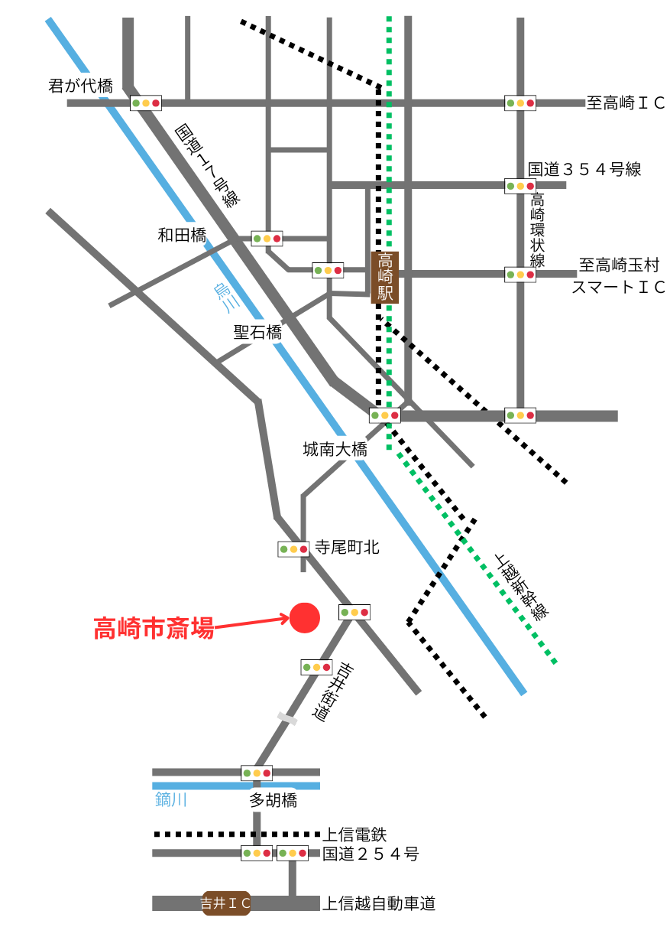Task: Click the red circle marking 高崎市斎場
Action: click(x=305, y=618)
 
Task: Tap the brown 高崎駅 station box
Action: click(x=385, y=277)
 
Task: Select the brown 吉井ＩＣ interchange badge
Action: click(x=226, y=903)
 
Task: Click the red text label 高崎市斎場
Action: click(x=153, y=629)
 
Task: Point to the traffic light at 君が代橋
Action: click(x=146, y=102)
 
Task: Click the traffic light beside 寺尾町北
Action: click(x=293, y=549)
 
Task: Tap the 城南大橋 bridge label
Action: click(x=335, y=450)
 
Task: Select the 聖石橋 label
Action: click(x=257, y=333)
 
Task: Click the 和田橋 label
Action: click(x=182, y=236)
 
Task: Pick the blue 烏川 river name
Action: click(x=226, y=295)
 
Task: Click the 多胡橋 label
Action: click(x=273, y=801)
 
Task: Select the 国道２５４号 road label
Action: click(x=371, y=854)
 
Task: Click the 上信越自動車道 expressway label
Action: click(x=379, y=904)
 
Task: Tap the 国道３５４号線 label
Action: click(x=584, y=169)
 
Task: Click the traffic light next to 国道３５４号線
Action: click(x=519, y=186)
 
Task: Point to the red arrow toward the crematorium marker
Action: click(x=252, y=623)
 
